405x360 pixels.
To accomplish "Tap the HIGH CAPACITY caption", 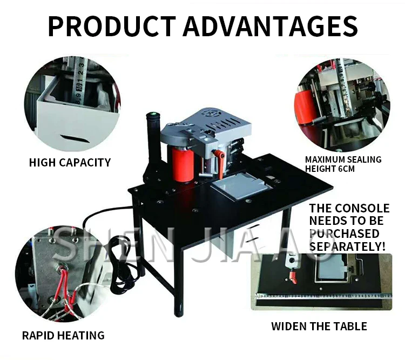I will coord(70,162).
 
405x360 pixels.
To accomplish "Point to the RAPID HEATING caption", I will coord(63,335).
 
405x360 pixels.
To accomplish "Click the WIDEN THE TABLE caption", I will coord(319,326).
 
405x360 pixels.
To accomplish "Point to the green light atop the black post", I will coord(152,115).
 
